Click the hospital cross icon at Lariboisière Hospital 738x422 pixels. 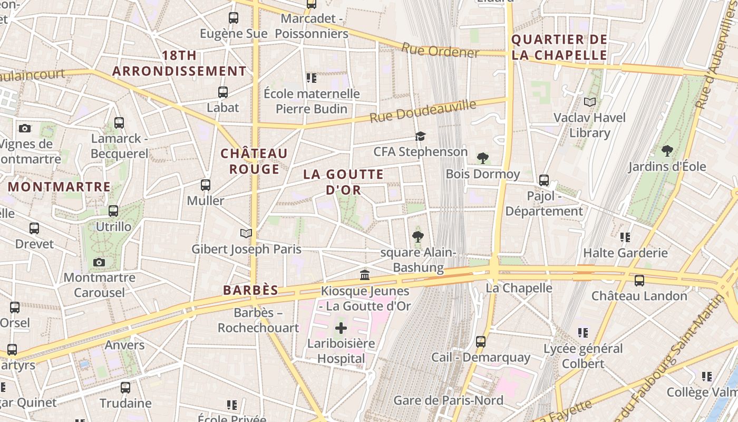(341, 328)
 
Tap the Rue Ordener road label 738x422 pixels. (440, 51)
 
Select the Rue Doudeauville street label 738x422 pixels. (423, 111)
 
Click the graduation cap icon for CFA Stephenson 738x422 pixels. (420, 136)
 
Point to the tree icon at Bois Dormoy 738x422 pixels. (482, 158)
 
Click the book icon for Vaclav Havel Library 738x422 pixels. (590, 102)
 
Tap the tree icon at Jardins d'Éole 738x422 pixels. (667, 150)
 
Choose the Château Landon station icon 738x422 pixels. (639, 280)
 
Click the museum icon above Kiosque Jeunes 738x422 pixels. (365, 275)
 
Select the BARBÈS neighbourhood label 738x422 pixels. (250, 290)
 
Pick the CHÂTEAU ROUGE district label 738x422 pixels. (255, 161)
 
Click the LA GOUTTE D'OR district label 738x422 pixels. (344, 181)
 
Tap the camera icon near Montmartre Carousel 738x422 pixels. (99, 262)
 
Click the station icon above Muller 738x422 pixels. (206, 185)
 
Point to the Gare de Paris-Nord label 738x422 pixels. (448, 400)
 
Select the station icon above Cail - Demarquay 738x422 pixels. (481, 341)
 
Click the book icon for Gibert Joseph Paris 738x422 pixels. (246, 233)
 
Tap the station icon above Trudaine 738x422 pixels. (125, 388)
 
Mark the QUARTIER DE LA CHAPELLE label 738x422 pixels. (559, 47)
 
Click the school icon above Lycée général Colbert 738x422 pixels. (582, 332)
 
